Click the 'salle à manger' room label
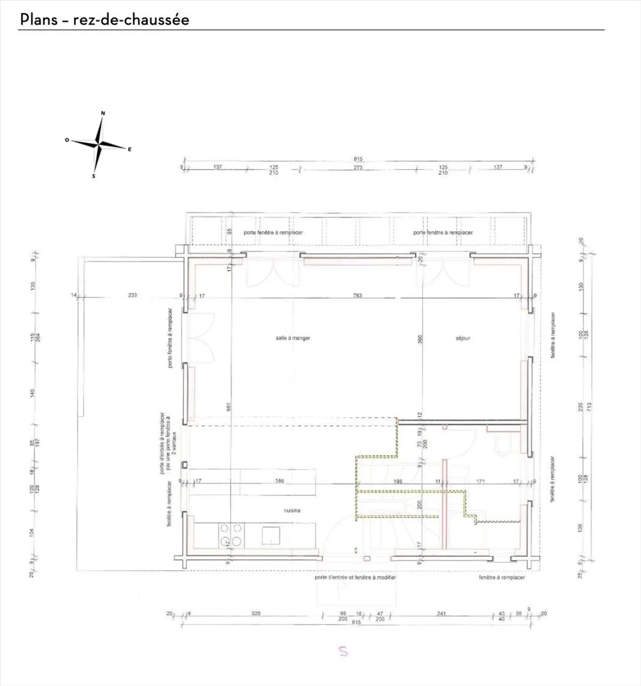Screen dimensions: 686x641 pyautogui.click(x=293, y=338)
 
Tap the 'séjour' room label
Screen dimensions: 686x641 pyautogui.click(x=463, y=338)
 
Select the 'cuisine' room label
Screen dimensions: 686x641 pyautogui.click(x=292, y=510)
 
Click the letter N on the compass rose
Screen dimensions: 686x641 pyautogui.click(x=103, y=113)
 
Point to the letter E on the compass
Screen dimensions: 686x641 pyautogui.click(x=130, y=150)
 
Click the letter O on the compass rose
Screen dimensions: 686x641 pyautogui.click(x=67, y=140)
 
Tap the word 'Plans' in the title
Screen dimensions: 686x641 pyautogui.click(x=39, y=20)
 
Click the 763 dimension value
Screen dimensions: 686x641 pyautogui.click(x=357, y=295)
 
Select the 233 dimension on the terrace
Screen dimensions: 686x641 pyautogui.click(x=132, y=295)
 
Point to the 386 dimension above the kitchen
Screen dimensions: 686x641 pyautogui.click(x=279, y=481)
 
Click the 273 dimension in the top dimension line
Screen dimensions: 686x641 pyautogui.click(x=358, y=168)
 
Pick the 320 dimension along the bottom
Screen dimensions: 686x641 pyautogui.click(x=256, y=613)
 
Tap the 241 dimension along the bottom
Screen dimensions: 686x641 pyautogui.click(x=441, y=613)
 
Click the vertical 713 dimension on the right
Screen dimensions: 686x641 pyautogui.click(x=589, y=406)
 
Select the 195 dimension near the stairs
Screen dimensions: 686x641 pyautogui.click(x=398, y=481)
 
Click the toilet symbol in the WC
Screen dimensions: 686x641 pyautogui.click(x=503, y=446)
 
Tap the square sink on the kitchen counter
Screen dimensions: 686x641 pyautogui.click(x=271, y=535)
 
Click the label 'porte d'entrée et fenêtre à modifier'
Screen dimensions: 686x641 pyautogui.click(x=355, y=577)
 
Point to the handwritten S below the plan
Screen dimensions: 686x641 pyautogui.click(x=343, y=651)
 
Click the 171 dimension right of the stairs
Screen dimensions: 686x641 pyautogui.click(x=480, y=481)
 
